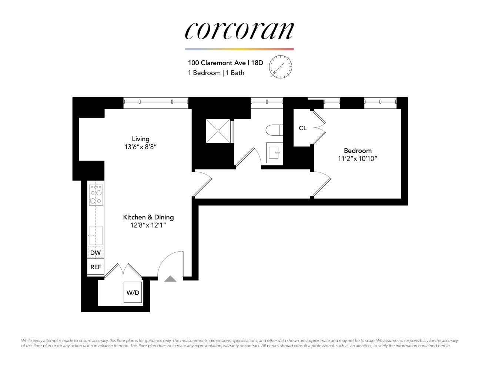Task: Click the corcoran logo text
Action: pos(239,31)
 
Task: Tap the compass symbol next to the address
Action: pos(280,67)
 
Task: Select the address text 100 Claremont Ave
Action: pos(217,63)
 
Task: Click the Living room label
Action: pos(141,139)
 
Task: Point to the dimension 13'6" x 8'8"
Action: pos(141,147)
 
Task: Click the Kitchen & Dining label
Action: pos(148,217)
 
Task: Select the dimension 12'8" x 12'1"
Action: pos(148,225)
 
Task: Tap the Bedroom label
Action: pos(358,151)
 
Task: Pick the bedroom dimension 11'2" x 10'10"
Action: pos(358,159)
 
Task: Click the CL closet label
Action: pos(302,128)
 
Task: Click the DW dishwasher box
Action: pos(96,253)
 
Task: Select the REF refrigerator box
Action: pos(96,267)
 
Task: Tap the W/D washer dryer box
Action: pos(133,293)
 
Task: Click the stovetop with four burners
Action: pos(96,195)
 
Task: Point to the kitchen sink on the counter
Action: pos(96,235)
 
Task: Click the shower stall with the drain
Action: pos(218,131)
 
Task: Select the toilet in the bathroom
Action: pos(274,130)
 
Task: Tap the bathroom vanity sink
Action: pos(274,152)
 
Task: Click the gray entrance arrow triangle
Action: pos(170,279)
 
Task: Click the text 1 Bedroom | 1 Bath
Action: pos(216,73)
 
